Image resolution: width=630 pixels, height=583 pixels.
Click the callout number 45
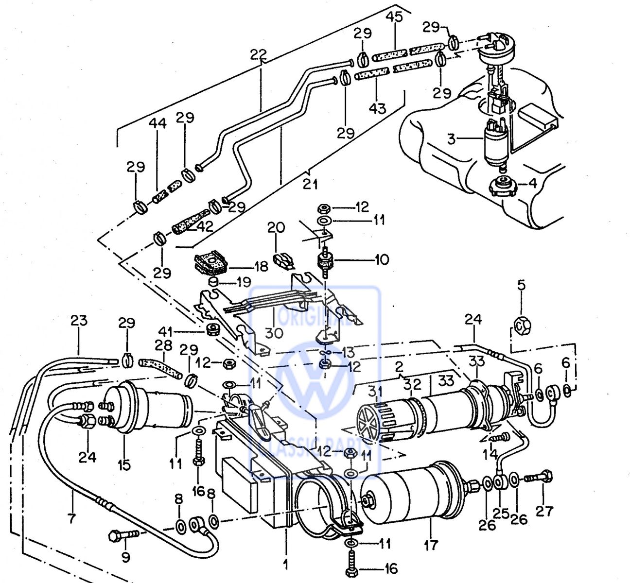(x=394, y=17)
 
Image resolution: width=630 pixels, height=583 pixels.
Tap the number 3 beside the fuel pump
(x=452, y=139)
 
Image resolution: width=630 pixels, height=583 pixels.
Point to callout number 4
(x=519, y=184)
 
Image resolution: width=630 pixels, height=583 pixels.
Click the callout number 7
(x=72, y=519)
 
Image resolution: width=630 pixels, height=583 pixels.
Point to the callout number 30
(x=274, y=333)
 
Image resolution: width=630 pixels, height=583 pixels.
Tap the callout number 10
(x=382, y=259)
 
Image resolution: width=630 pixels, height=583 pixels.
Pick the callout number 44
(x=157, y=123)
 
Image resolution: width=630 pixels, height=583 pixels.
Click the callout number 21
(x=310, y=184)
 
